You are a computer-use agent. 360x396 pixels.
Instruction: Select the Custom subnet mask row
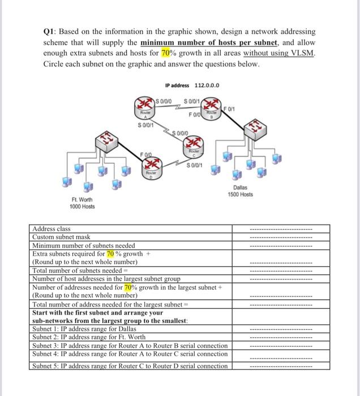point(61,237)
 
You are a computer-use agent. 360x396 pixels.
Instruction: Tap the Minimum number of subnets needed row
point(83,246)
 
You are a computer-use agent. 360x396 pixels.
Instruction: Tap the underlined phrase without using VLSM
point(280,53)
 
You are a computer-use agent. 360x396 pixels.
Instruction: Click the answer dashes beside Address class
point(281,229)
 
